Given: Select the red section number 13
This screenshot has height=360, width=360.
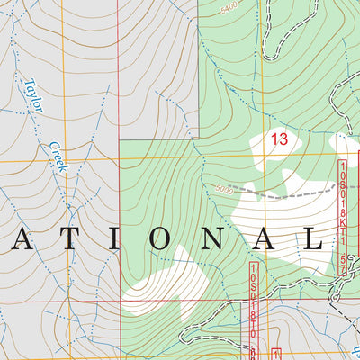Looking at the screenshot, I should point(278,139).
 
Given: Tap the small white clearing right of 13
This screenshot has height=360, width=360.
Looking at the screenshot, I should point(346,143).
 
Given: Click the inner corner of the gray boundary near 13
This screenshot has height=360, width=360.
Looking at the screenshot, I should point(199,139).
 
